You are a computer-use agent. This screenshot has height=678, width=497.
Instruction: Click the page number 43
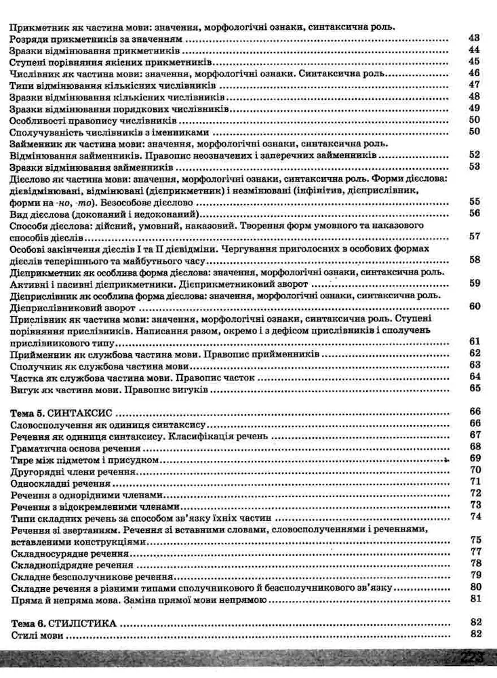click(474, 38)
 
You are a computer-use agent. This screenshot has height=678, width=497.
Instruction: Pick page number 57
click(474, 236)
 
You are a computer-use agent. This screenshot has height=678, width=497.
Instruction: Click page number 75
click(474, 539)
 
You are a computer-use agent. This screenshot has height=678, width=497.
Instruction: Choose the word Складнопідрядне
click(49, 563)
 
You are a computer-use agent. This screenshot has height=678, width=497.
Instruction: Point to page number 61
click(474, 341)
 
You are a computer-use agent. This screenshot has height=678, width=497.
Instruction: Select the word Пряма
click(25, 599)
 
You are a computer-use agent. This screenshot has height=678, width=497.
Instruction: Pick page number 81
click(474, 599)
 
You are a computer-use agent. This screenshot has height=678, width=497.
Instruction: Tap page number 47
click(474, 85)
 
